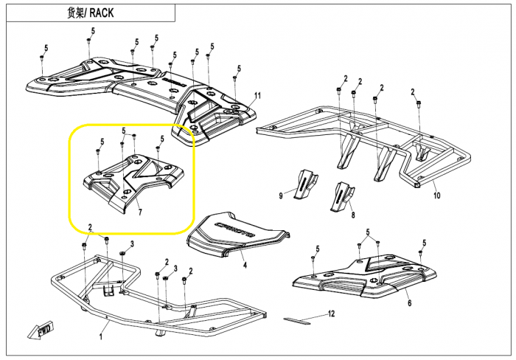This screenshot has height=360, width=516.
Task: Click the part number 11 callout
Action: (257, 96)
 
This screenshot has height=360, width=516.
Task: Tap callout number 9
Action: (281, 195)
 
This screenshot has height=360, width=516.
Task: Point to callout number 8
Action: (352, 215)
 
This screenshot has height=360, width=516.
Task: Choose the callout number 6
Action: (409, 303)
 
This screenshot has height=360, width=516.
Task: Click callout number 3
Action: (131, 243)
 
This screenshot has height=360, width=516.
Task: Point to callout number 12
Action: (331, 314)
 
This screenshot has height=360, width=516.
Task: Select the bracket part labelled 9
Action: (304, 184)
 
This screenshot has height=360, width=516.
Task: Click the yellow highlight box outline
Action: (70, 177)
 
